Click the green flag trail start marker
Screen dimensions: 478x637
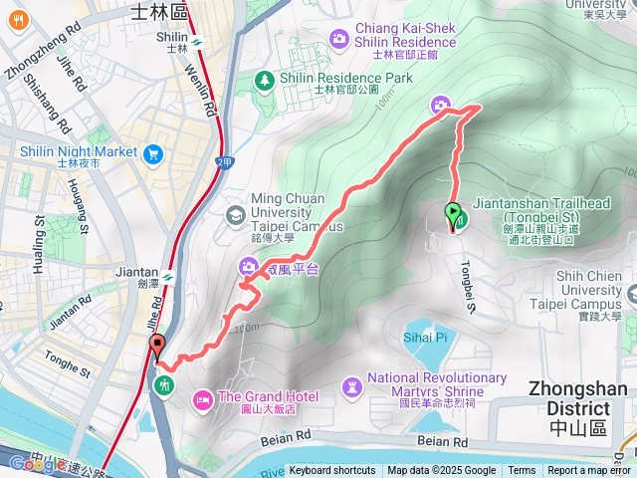coord(453,212)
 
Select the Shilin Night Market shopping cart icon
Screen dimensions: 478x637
coord(152,153)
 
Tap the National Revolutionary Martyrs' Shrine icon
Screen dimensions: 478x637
coord(351,385)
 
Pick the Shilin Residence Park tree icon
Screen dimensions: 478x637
coord(266,79)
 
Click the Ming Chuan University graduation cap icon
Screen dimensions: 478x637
coord(236,214)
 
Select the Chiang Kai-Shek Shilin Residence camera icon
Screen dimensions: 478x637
coord(340,38)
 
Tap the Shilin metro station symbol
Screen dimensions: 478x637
coord(198,42)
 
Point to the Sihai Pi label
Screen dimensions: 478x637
coord(425,338)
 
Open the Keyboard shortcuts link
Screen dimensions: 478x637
coord(332,471)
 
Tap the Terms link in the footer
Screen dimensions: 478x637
coord(522,471)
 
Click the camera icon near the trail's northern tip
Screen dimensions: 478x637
coord(441,106)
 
